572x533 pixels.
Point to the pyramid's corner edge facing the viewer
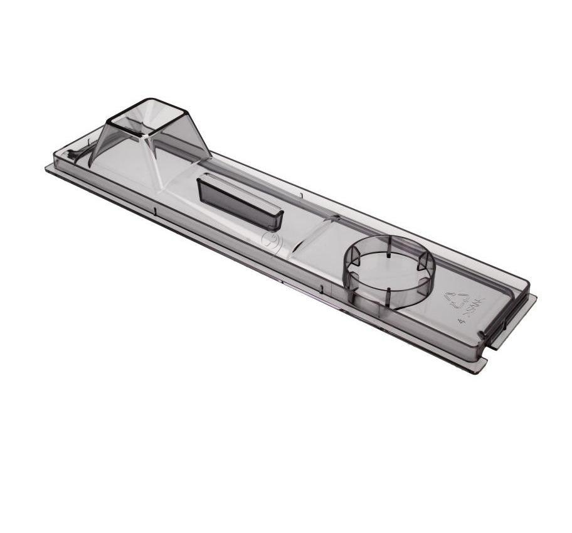pyautogui.click(x=156, y=160)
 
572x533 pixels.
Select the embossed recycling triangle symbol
pyautogui.click(x=456, y=299)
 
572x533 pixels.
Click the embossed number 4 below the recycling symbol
pyautogui.click(x=462, y=319)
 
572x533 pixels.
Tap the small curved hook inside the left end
pyautogui.click(x=75, y=154)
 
